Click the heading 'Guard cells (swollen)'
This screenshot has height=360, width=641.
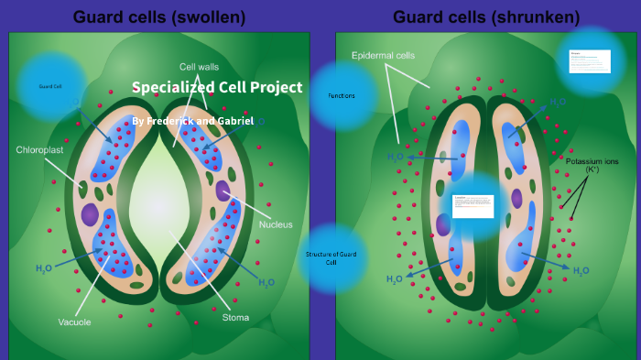[159, 16]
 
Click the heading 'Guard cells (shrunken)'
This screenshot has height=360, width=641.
[485, 16]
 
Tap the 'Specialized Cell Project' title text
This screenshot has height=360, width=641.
[217, 88]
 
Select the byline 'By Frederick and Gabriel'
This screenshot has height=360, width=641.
[193, 121]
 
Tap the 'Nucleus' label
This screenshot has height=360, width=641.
[276, 224]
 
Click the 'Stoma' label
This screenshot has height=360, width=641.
[235, 318]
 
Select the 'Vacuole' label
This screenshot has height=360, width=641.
[74, 322]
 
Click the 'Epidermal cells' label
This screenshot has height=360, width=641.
[383, 55]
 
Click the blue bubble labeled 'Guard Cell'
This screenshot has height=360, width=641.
[50, 86]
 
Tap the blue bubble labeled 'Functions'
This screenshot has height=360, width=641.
[342, 95]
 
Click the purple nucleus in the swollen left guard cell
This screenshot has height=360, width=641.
[90, 214]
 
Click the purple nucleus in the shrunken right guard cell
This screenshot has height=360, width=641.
[516, 198]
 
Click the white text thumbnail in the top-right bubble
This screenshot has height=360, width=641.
[590, 60]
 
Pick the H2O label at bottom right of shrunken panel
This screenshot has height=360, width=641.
[581, 271]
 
